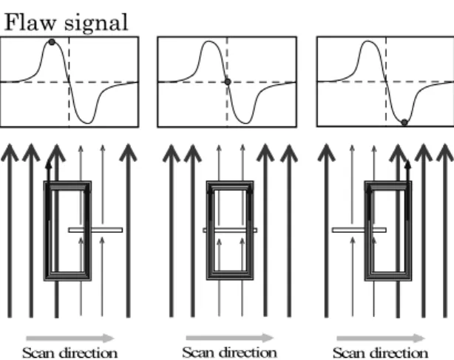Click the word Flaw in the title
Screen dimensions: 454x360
coord(30,22)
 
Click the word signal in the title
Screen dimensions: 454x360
coord(96,24)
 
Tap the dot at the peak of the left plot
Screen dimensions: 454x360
coord(52,42)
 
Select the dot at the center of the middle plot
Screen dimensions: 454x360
coord(228,82)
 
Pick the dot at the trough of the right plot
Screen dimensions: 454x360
coord(404,123)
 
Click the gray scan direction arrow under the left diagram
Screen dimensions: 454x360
coord(70,338)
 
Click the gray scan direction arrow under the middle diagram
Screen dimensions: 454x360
coord(230,338)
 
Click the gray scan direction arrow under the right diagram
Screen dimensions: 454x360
coord(381,338)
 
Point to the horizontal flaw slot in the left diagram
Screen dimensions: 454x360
coord(95,230)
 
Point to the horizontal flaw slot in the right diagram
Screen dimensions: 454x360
coord(359,230)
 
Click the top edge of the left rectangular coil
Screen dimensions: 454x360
coord(67,186)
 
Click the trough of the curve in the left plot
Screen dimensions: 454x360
coord(88,123)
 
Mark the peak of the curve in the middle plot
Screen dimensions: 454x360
coord(209,41)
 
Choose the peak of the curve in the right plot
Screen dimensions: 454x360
coord(367,41)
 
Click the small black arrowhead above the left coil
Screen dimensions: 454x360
coord(49,164)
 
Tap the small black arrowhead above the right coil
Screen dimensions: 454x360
coord(408,164)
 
